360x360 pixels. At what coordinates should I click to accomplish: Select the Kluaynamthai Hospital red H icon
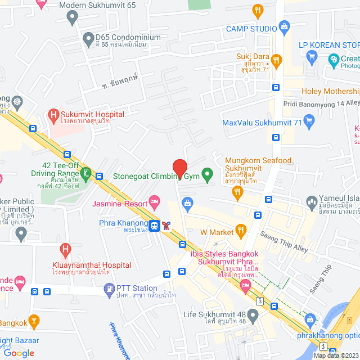coord(65,248)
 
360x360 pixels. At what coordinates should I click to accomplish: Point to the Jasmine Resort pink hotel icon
coord(155,201)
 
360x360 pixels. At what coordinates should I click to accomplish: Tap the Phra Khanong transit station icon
coord(155,226)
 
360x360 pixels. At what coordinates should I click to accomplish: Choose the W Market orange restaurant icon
coord(241,229)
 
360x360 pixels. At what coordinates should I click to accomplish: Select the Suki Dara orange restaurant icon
coord(276,59)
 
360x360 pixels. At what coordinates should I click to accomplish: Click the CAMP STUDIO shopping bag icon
coord(285,26)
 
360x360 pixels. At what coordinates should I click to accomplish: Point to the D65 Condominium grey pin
coord(88,39)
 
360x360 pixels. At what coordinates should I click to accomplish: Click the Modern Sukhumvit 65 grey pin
coord(71,17)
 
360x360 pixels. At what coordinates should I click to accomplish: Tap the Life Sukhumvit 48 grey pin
coord(254,316)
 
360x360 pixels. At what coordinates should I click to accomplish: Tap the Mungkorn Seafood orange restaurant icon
coord(238,192)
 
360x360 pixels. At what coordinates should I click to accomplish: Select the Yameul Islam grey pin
coord(311,201)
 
